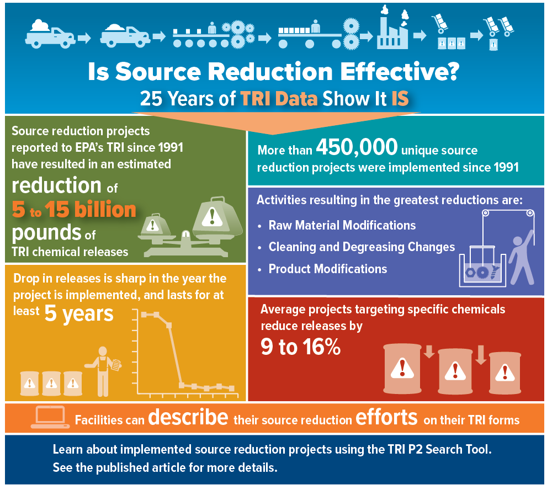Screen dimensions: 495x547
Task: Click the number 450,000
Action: click(357, 148)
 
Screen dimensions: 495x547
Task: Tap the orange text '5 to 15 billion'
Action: click(74, 209)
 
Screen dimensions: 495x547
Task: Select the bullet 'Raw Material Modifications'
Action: click(342, 225)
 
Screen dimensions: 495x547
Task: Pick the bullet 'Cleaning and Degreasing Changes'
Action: click(362, 247)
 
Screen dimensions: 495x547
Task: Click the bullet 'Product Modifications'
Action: click(328, 269)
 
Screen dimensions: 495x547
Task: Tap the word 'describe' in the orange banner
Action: click(188, 417)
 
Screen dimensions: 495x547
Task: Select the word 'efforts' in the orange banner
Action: click(386, 417)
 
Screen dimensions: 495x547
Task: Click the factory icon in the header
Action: click(392, 30)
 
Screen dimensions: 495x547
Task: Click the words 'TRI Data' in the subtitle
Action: click(279, 99)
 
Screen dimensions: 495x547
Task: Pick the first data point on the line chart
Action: click(144, 315)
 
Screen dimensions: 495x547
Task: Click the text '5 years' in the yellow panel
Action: click(79, 313)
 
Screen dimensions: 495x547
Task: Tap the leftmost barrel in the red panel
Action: click(402, 368)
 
